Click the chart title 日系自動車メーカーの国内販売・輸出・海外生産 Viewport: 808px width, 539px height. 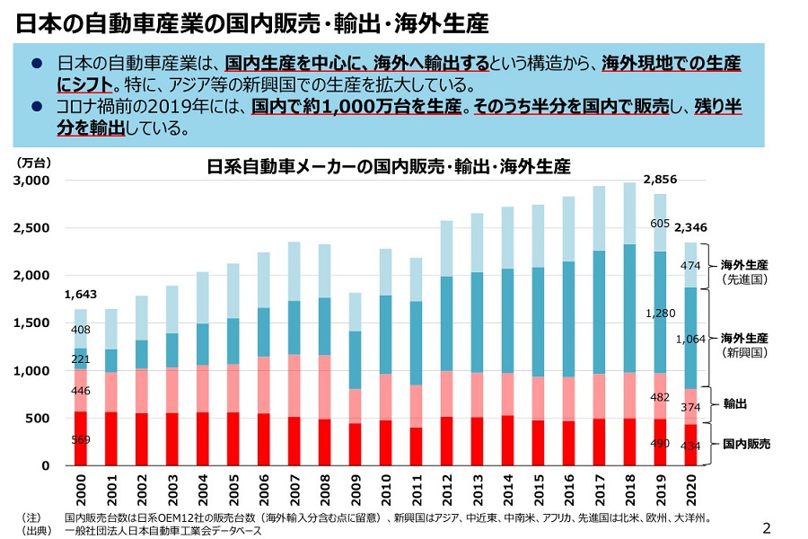click(x=388, y=167)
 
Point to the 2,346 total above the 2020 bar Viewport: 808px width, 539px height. click(x=690, y=228)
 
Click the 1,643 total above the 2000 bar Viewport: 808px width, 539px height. click(x=80, y=294)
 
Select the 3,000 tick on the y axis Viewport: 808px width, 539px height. click(x=32, y=181)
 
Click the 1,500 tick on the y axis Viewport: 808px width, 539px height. click(x=32, y=323)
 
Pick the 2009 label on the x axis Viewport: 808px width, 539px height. click(x=355, y=492)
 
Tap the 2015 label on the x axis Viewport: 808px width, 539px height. click(x=538, y=492)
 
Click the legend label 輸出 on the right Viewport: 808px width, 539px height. click(x=735, y=404)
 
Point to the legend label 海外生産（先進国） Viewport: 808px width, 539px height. click(x=744, y=272)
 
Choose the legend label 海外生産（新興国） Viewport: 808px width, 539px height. click(x=744, y=345)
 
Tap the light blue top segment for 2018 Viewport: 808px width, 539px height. click(x=630, y=214)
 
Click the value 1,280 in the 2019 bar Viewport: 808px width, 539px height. click(x=660, y=314)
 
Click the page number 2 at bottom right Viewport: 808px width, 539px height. click(x=766, y=527)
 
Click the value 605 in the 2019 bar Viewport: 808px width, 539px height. click(x=660, y=224)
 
